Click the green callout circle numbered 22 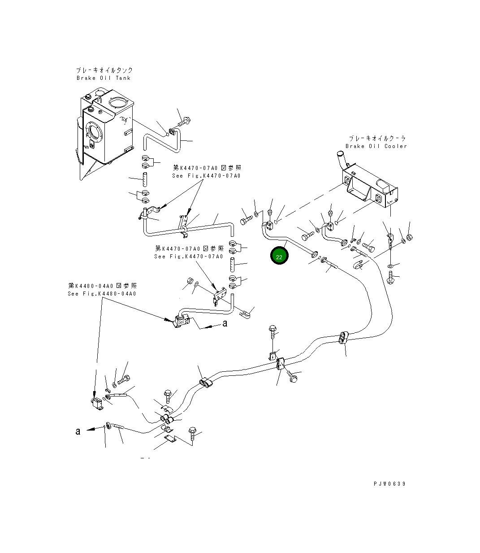pos(279,255)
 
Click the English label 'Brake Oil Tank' pos(104,78)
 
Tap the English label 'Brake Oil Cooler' pos(376,146)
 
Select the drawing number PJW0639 pos(390,484)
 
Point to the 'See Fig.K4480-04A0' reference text pos(102,294)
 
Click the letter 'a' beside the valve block pos(225,323)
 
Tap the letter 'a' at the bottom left pos(78,431)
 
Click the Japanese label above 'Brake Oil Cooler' pos(377,139)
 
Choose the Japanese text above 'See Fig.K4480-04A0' pos(102,286)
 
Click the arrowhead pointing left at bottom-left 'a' pos(91,429)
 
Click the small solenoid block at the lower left pos(97,404)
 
